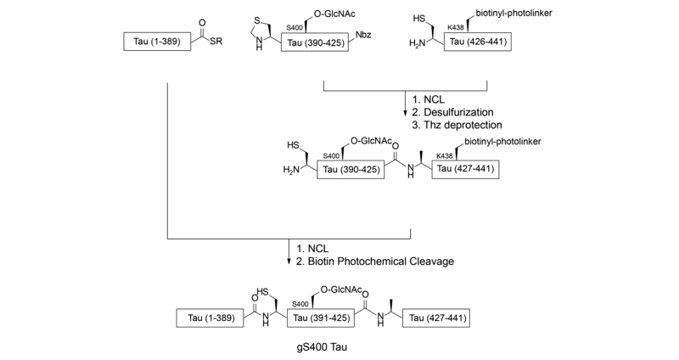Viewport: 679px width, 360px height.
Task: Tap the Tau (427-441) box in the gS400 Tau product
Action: click(438, 318)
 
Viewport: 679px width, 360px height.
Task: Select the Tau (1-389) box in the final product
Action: click(209, 318)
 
